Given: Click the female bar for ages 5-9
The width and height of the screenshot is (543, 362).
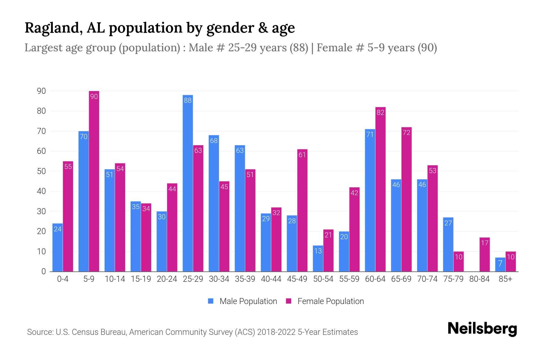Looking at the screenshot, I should coord(94,181).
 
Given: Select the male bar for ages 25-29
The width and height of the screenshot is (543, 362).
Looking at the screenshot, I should coord(188,183).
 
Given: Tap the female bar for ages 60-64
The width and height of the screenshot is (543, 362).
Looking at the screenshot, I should coord(380,189).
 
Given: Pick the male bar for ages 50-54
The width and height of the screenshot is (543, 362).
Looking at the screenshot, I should coord(318,259).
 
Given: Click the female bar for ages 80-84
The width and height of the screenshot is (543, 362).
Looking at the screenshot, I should coord(484,254).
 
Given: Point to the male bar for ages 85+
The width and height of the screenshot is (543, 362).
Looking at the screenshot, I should coord(500,265).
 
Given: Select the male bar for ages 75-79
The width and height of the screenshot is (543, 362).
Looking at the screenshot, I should coord(448,244).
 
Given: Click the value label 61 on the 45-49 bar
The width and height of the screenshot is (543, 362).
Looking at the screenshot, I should coord(302,155).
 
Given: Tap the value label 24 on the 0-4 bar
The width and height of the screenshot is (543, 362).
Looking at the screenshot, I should coord(58,229).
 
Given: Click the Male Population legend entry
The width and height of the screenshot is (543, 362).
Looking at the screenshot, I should coord(243,301).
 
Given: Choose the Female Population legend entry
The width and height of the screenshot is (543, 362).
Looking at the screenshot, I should coord(325,301).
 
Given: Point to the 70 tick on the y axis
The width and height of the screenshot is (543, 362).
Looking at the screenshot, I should coord(41,131).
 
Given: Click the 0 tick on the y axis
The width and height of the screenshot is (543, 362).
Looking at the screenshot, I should coord(43,271).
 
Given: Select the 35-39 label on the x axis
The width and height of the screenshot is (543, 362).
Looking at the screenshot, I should coord(245,279).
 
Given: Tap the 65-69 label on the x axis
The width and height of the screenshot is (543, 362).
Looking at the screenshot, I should coord(401,279).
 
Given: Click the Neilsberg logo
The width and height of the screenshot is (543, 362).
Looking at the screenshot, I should coord(482,329).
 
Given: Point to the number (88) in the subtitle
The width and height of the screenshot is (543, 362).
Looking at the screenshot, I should coord(299,48).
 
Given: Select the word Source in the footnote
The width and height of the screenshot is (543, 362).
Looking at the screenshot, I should coord(40,332).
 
